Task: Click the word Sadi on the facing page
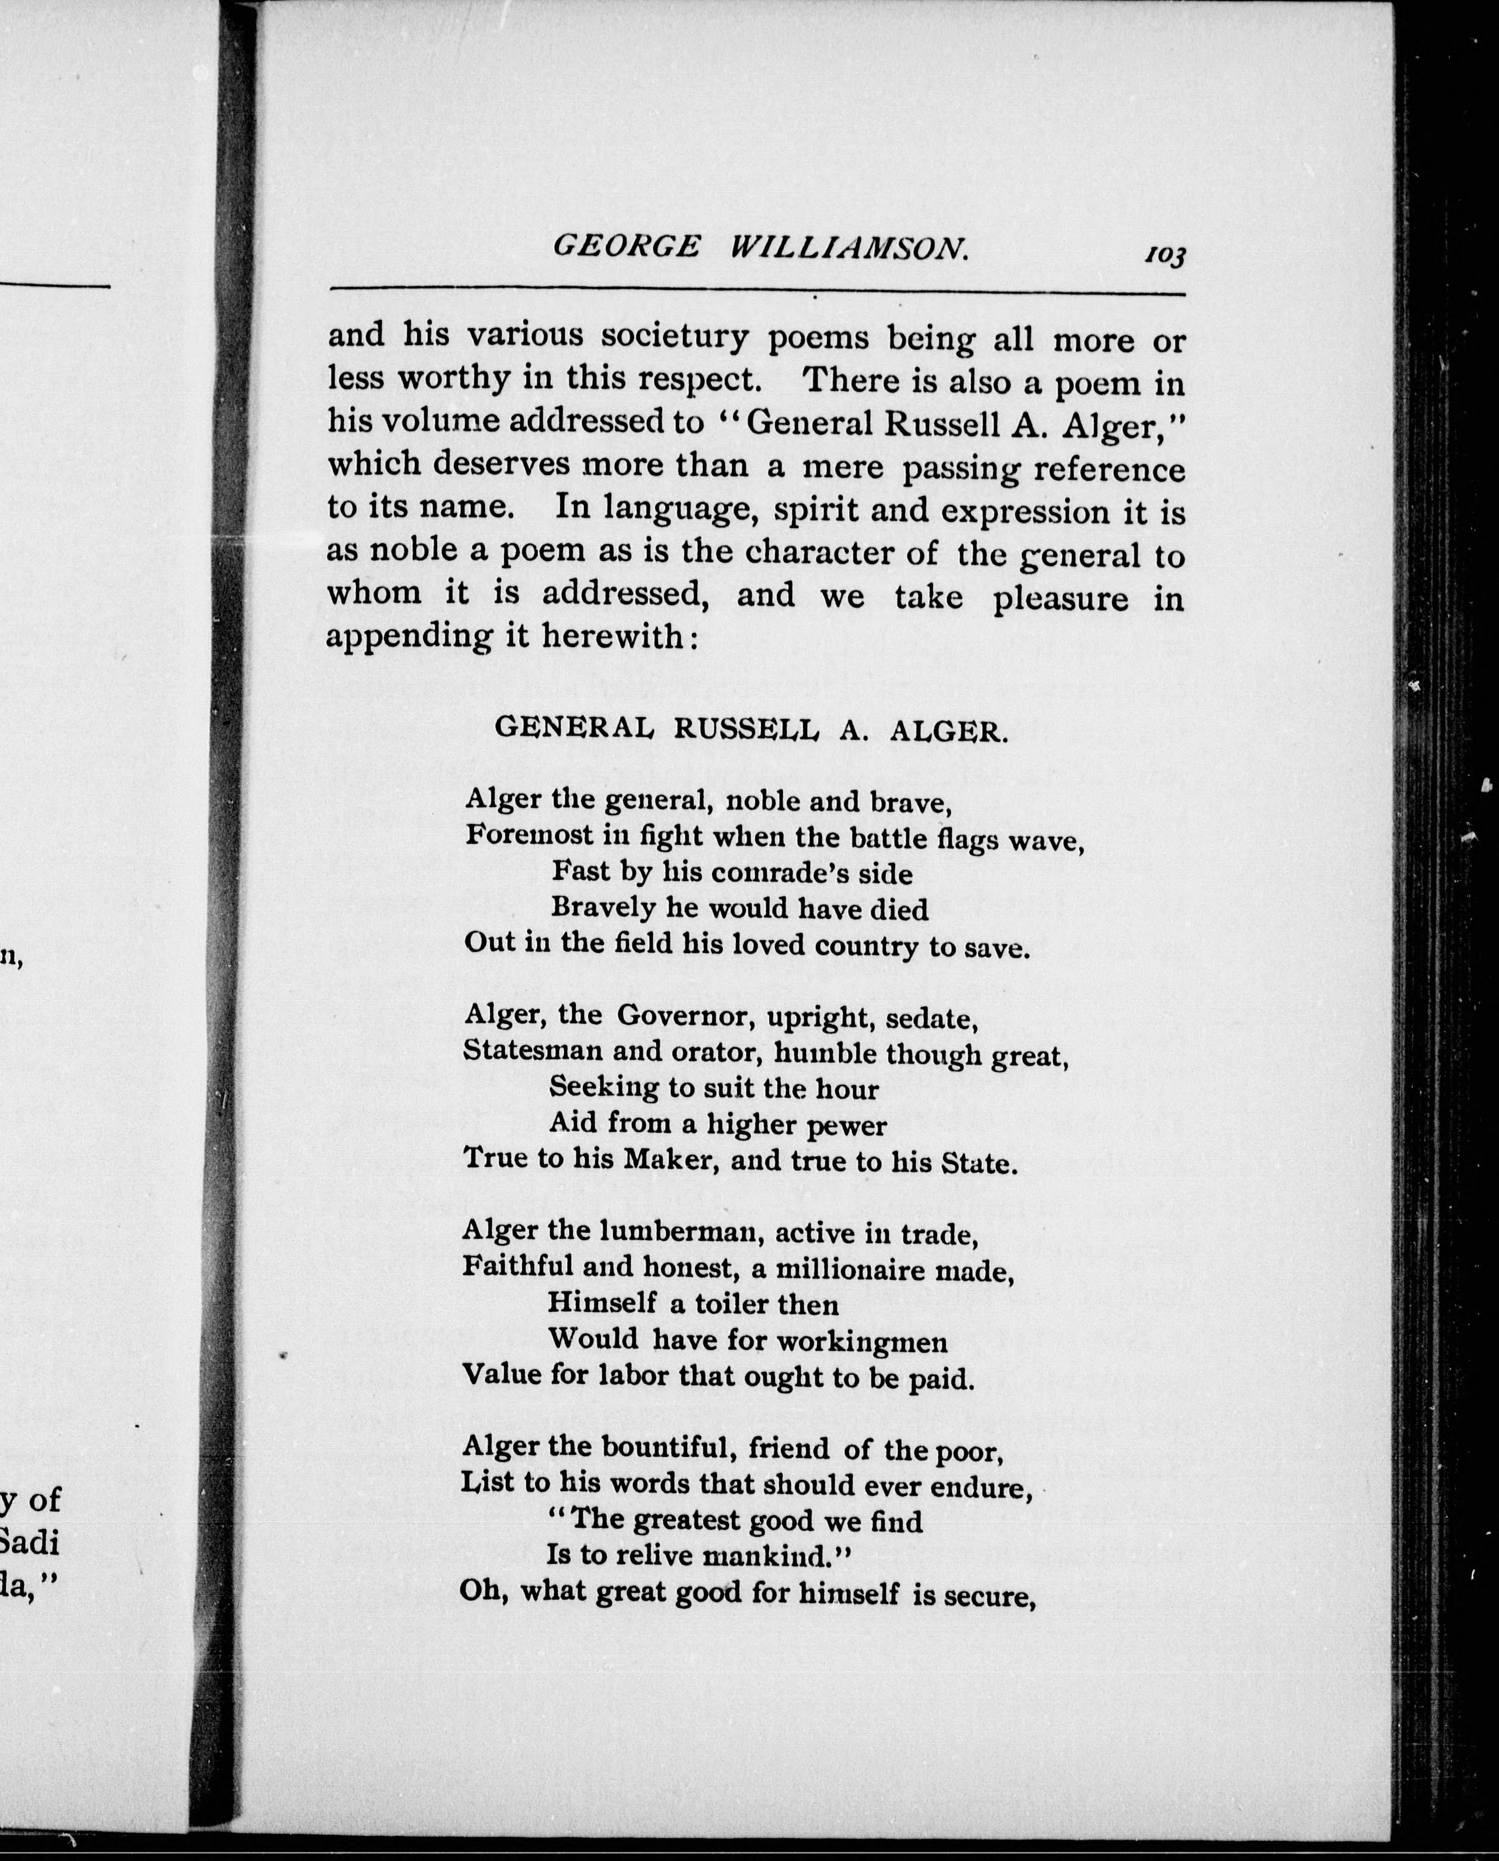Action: coord(31,1542)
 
